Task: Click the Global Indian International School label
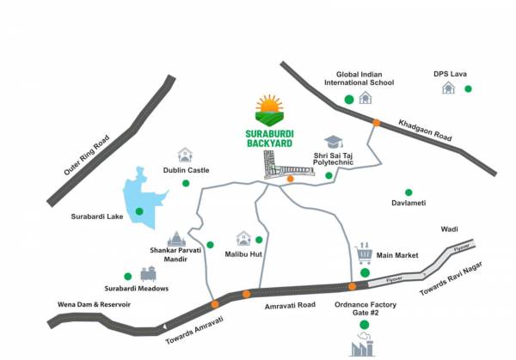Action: click(359, 77)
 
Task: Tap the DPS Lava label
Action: click(450, 74)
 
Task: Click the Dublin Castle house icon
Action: click(185, 155)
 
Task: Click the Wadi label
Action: click(449, 229)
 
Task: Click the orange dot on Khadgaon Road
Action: click(376, 123)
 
